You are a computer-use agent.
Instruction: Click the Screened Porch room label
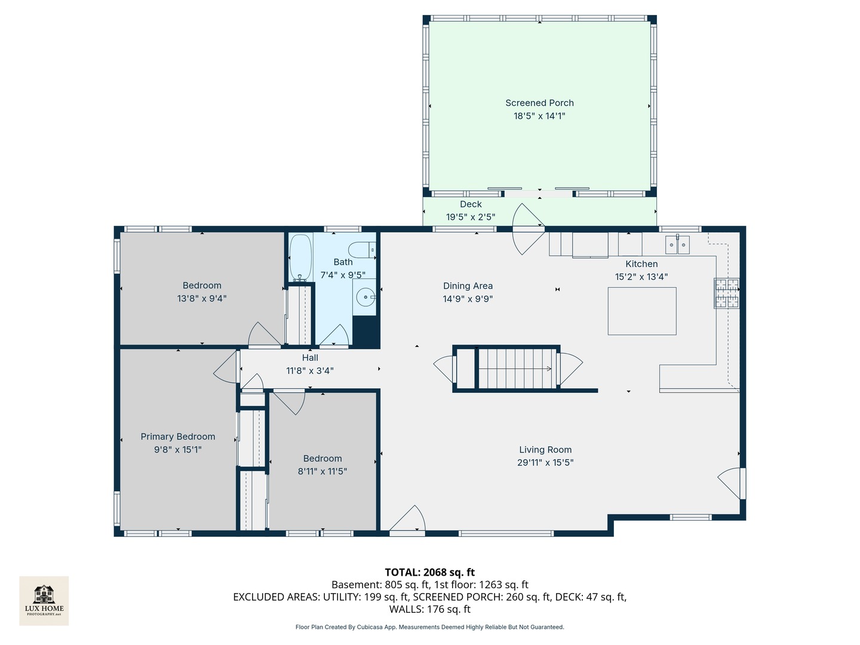539,103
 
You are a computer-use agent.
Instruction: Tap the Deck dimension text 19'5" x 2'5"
471,217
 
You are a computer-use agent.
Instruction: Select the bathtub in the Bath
300,257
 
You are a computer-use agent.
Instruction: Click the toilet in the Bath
362,250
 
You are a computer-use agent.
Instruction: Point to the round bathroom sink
365,297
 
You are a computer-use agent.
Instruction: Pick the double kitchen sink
677,245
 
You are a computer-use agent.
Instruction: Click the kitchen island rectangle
642,311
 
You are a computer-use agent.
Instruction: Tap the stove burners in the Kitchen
726,293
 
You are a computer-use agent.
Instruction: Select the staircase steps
517,368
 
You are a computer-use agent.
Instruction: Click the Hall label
310,358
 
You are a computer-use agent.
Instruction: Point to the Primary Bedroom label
178,436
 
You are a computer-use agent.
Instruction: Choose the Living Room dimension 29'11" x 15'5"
545,462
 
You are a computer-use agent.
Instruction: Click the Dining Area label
468,286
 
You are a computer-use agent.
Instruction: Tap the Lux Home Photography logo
44,600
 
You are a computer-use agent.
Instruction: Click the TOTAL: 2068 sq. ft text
430,572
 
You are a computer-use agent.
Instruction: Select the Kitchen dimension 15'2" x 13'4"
641,277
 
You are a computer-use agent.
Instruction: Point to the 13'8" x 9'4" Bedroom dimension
202,299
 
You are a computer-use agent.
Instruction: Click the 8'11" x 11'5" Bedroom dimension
322,471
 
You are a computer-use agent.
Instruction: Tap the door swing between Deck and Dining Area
528,229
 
